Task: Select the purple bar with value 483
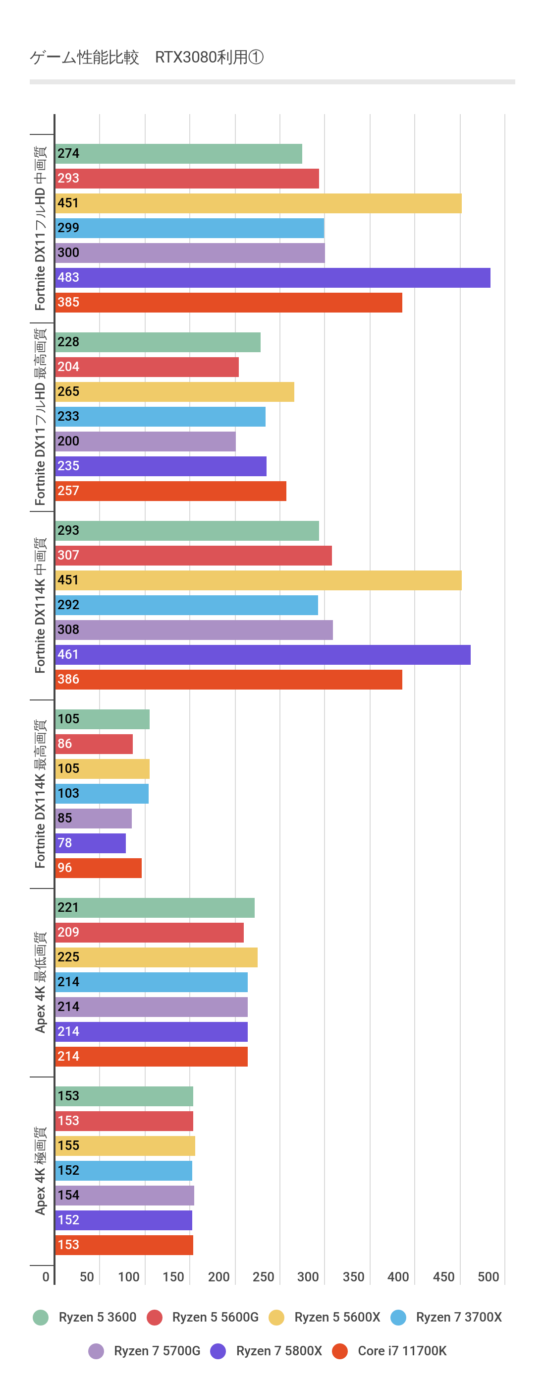tap(273, 278)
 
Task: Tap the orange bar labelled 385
tap(228, 303)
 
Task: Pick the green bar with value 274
tap(179, 154)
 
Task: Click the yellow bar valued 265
tap(174, 392)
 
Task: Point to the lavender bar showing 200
tap(145, 441)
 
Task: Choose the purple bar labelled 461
tap(263, 655)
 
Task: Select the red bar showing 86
tap(94, 744)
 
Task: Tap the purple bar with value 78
tap(91, 843)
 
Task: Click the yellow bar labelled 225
tap(156, 957)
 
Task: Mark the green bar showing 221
tap(155, 908)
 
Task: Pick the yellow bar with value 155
tap(125, 1146)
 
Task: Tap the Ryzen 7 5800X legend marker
tap(218, 1351)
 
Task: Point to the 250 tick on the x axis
tap(263, 1277)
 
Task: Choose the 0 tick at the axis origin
tap(46, 1277)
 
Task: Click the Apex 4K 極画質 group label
tap(41, 1171)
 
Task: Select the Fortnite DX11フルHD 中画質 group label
tap(41, 228)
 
